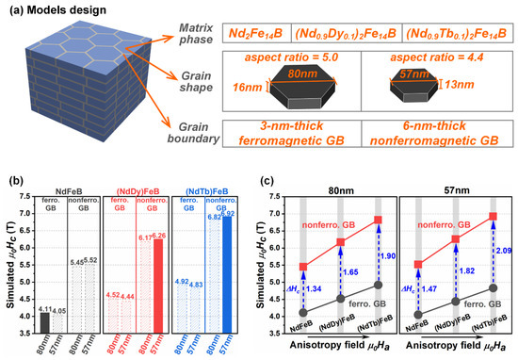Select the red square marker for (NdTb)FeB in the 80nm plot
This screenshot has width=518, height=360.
coord(379,220)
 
